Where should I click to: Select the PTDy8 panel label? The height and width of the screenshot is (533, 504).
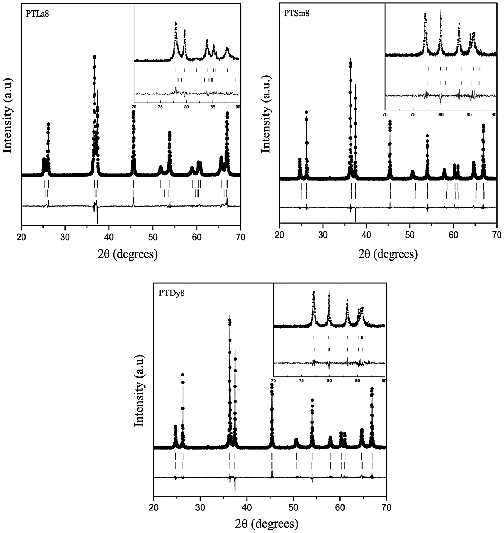coord(172,293)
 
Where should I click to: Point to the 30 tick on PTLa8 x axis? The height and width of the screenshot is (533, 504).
coord(65,237)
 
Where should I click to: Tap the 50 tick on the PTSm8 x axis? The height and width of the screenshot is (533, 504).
coord(410,234)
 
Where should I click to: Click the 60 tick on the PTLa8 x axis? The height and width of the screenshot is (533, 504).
coord(197,237)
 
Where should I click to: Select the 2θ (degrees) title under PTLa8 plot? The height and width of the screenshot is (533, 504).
coord(128,254)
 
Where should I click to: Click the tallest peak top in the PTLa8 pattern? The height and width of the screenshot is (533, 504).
coord(95,57)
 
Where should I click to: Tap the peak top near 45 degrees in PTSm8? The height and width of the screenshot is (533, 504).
coord(390,122)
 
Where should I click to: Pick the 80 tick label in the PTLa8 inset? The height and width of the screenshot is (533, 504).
coord(186,107)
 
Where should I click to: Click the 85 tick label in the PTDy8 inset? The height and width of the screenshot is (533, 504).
coord(357,381)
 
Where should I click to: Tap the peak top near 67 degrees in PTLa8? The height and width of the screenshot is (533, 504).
coord(227,113)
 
